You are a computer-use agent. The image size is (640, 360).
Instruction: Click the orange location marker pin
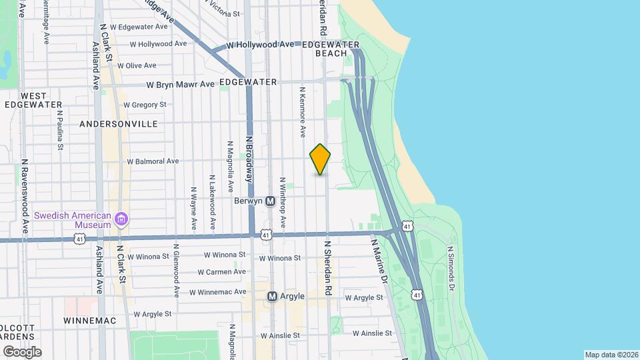pyautogui.click(x=320, y=159)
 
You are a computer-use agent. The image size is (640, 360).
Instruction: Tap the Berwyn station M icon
pyautogui.click(x=271, y=201)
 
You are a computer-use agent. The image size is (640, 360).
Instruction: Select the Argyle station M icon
pyautogui.click(x=272, y=296)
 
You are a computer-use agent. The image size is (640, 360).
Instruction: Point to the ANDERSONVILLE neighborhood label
pyautogui.click(x=118, y=124)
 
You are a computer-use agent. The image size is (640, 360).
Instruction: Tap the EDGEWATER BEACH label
pyautogui.click(x=331, y=49)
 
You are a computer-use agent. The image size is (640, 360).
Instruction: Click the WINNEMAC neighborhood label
pyautogui.click(x=89, y=321)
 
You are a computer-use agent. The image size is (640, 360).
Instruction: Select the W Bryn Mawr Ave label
pyautogui.click(x=181, y=85)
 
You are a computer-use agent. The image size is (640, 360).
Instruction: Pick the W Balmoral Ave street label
pyautogui.click(x=154, y=161)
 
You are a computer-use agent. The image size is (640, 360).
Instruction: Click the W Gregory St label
pyautogui.click(x=145, y=105)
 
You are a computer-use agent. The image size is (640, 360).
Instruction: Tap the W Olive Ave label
pyautogui.click(x=136, y=65)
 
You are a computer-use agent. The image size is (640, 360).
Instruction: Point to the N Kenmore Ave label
pyautogui.click(x=302, y=111)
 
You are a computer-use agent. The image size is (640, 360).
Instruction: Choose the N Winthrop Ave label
pyautogui.click(x=283, y=203)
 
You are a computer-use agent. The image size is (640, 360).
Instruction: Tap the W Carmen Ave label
pyautogui.click(x=225, y=272)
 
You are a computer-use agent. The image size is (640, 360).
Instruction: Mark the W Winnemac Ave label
pyautogui.click(x=217, y=292)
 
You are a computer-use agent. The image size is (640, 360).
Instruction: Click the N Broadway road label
pyautogui.click(x=249, y=159)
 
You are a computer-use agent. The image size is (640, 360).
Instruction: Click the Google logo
pyautogui.click(x=22, y=351)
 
